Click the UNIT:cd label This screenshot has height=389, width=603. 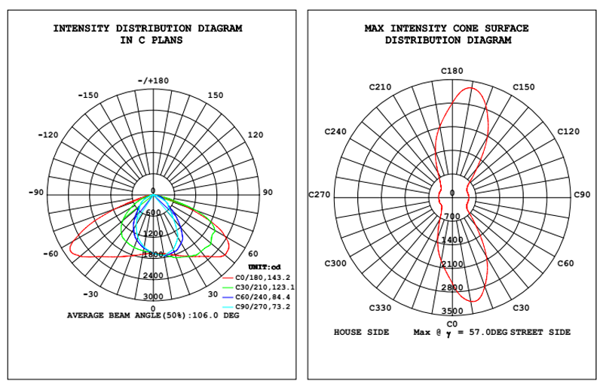(x=265, y=268)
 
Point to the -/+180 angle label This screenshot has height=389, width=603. (x=153, y=81)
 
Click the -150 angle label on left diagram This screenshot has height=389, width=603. (x=89, y=96)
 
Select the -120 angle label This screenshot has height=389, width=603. (x=48, y=135)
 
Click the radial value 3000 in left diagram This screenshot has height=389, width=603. (x=154, y=296)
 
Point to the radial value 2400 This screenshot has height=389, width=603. (x=154, y=275)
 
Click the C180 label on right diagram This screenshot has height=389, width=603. (x=451, y=71)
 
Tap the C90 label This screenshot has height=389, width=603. (x=582, y=195)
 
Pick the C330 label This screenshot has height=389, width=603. (x=380, y=308)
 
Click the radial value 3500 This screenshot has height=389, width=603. (x=452, y=310)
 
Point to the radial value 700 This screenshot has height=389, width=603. (x=452, y=217)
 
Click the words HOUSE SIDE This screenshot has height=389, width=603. (x=362, y=332)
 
